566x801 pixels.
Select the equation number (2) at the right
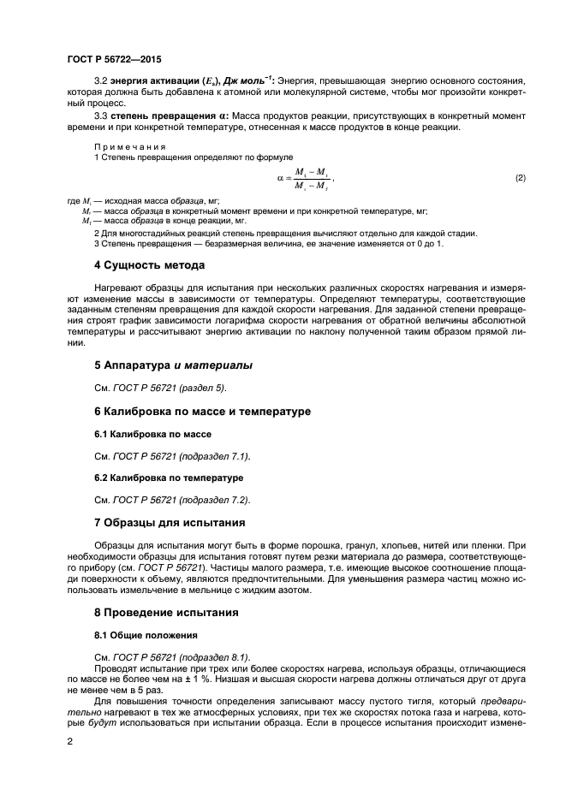pyautogui.click(x=520, y=177)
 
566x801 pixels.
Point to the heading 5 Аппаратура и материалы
pyautogui.click(x=173, y=365)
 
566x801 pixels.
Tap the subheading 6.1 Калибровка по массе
pyautogui.click(x=152, y=435)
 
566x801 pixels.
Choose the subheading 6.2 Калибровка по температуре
pyautogui.click(x=168, y=477)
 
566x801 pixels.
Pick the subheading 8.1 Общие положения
pyautogui.click(x=146, y=636)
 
